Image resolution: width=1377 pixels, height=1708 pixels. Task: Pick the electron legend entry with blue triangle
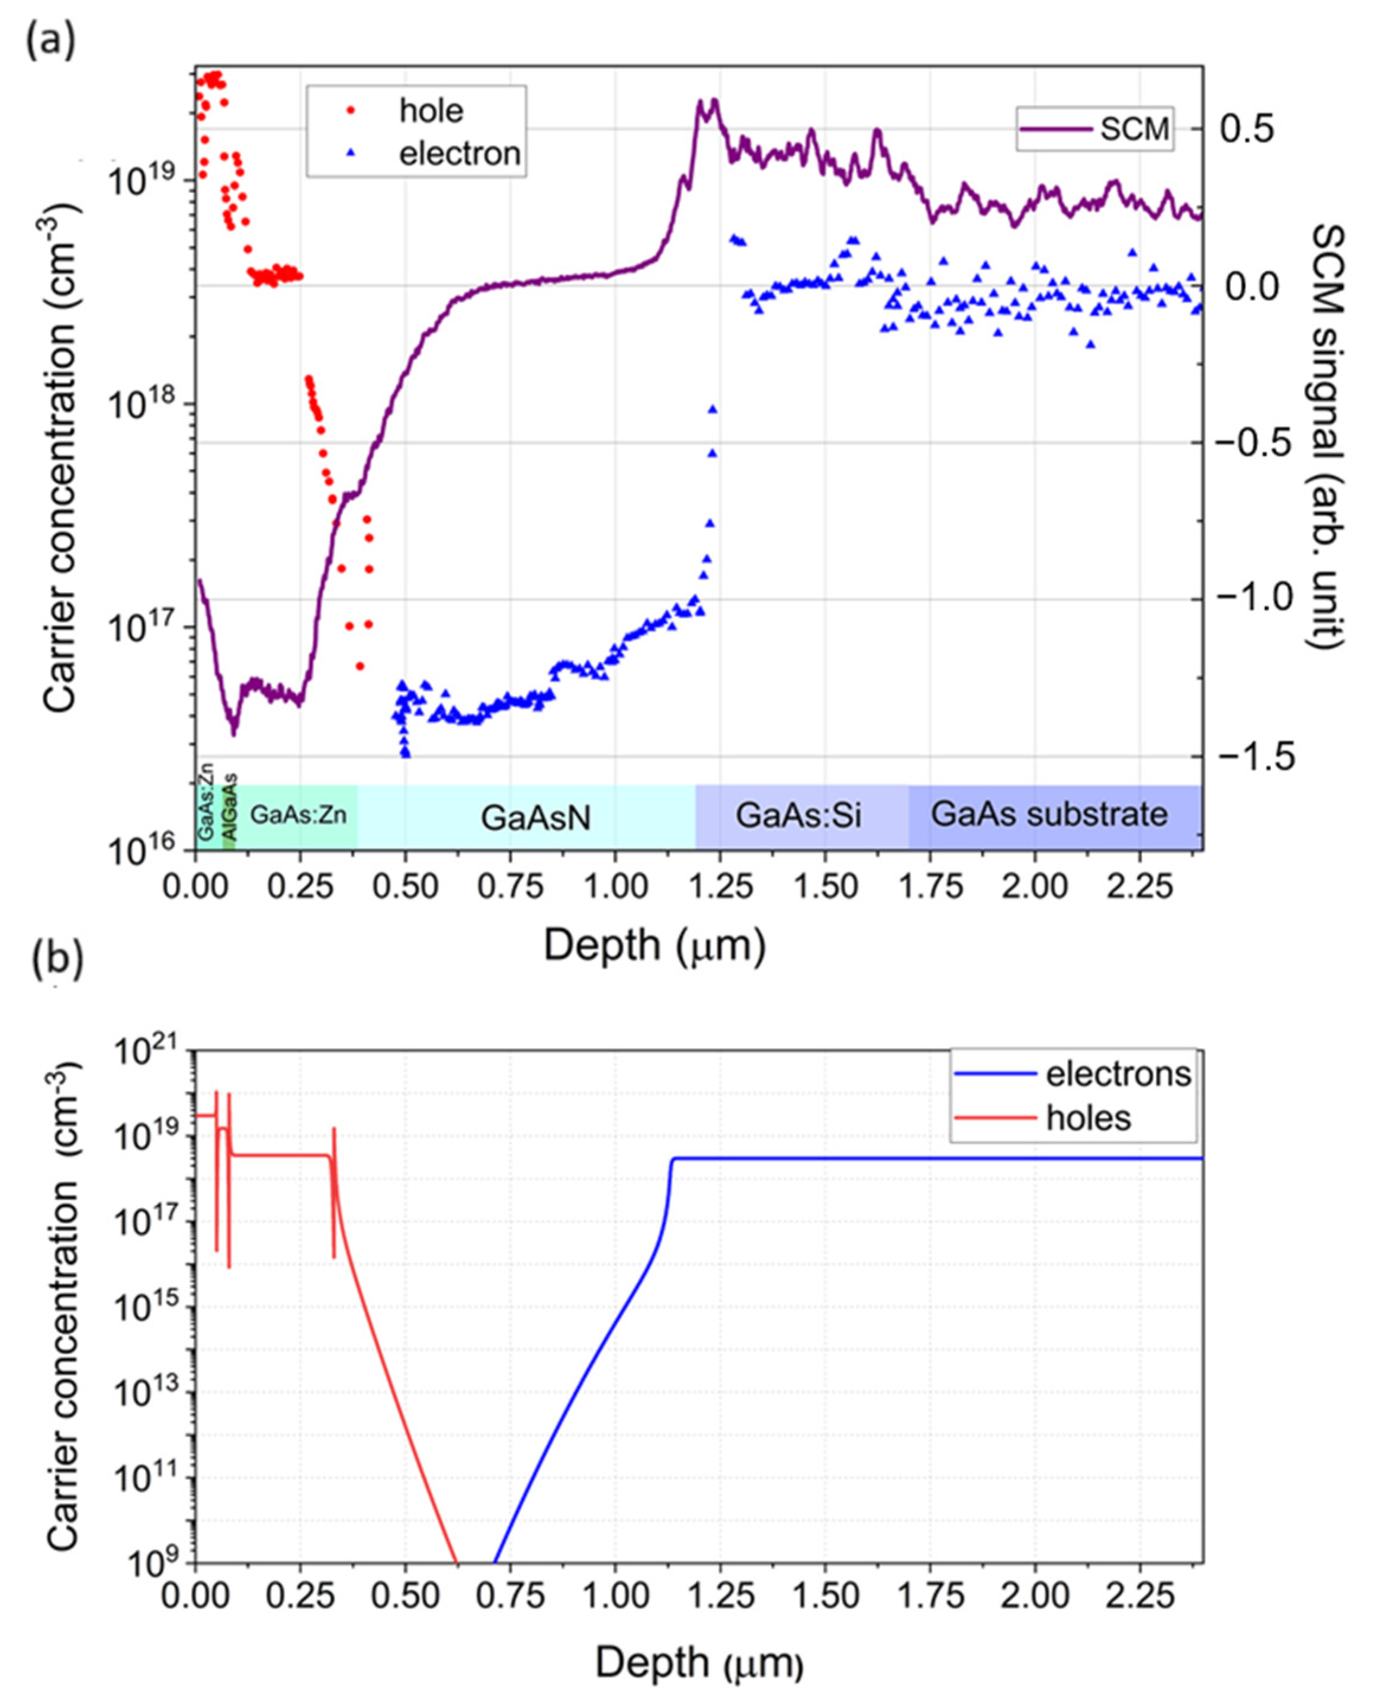[x=416, y=153]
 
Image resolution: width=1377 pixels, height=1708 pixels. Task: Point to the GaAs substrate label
[x=1049, y=815]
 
